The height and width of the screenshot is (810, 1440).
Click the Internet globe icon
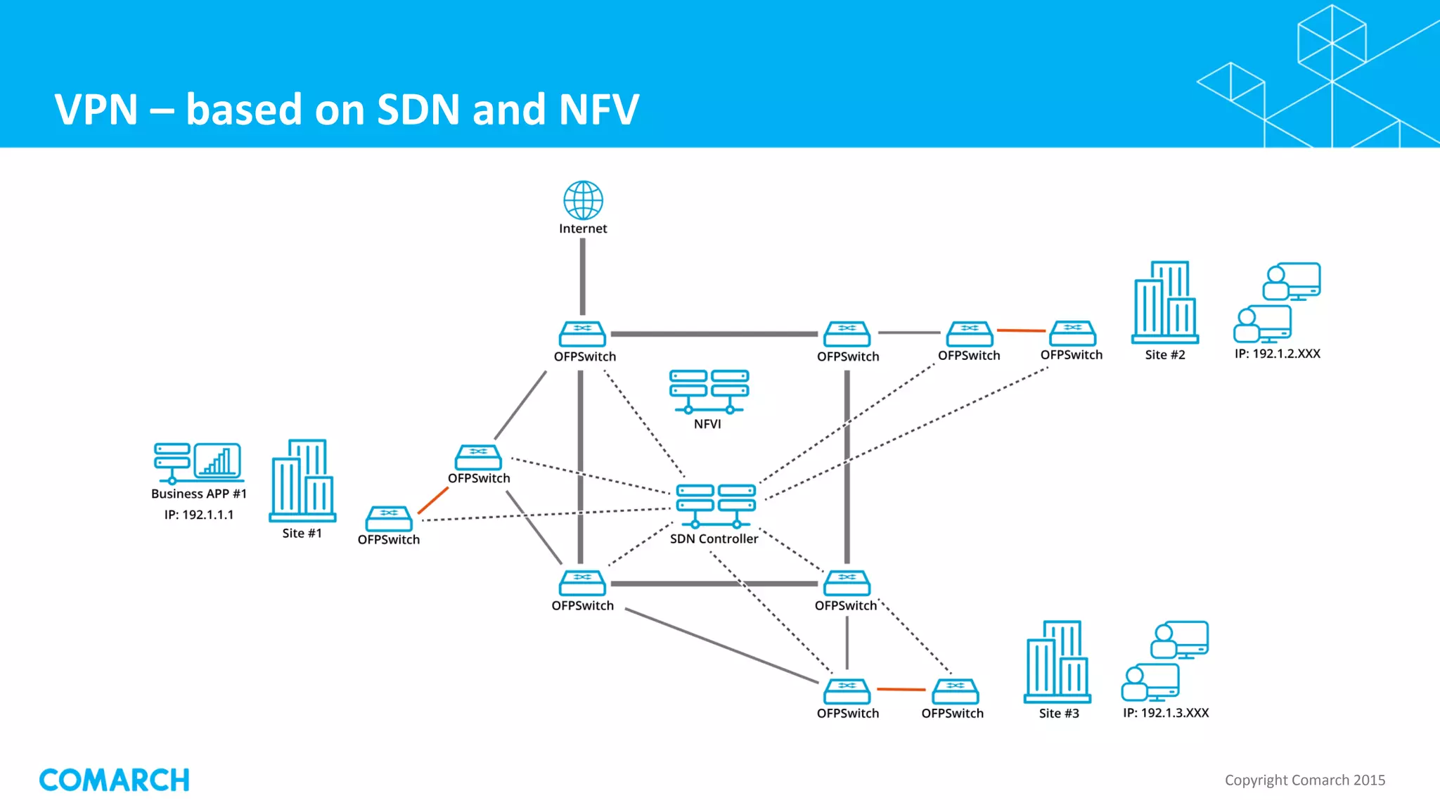pos(583,200)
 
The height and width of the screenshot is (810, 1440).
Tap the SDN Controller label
pos(714,539)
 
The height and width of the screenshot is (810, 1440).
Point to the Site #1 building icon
pos(302,481)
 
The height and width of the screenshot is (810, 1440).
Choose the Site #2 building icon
pos(1165,302)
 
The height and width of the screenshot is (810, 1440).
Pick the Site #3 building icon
pos(1057,662)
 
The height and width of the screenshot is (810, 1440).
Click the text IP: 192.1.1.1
pos(199,515)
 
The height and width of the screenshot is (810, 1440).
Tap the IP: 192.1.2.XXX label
pos(1277,354)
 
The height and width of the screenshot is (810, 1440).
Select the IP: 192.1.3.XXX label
pos(1166,713)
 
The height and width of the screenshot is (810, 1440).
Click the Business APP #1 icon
pos(198,463)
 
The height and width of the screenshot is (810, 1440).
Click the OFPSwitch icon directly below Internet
pos(582,334)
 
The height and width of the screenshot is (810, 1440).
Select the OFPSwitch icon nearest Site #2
pos(1072,333)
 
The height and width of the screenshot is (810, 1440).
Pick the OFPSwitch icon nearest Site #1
pos(388,519)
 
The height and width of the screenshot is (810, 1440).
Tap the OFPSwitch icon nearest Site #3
pos(955,691)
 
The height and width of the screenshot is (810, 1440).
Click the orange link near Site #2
pos(1022,330)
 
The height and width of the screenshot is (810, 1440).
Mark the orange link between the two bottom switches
pos(901,690)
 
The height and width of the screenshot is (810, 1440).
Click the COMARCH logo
pos(115,780)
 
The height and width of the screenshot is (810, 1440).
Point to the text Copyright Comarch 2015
pos(1304,780)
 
